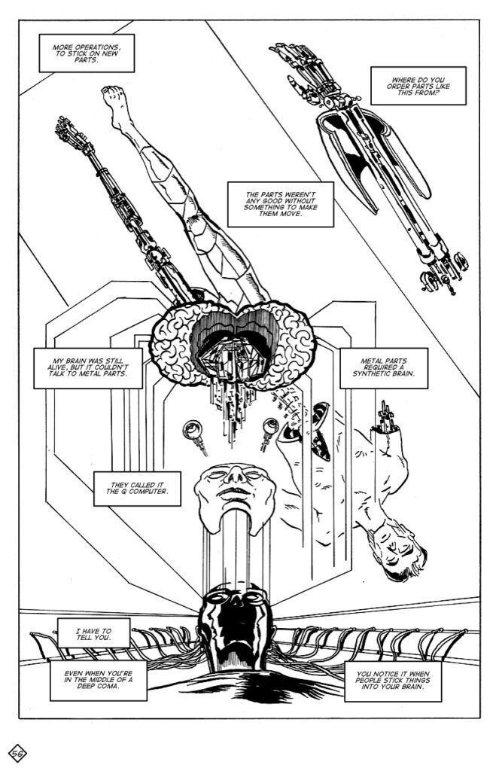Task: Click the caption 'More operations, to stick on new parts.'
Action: click(87, 53)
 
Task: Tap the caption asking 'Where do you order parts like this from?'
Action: click(418, 86)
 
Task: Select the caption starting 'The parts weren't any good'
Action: click(281, 204)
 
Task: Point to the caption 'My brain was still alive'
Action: click(88, 367)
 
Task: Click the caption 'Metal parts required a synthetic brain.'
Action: click(383, 367)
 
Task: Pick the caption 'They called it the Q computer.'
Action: click(137, 488)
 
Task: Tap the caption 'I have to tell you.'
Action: click(93, 633)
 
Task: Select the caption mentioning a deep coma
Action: click(99, 681)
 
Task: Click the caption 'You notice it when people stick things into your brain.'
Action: click(393, 681)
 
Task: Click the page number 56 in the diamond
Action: click(18, 753)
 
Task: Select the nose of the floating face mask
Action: click(236, 474)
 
